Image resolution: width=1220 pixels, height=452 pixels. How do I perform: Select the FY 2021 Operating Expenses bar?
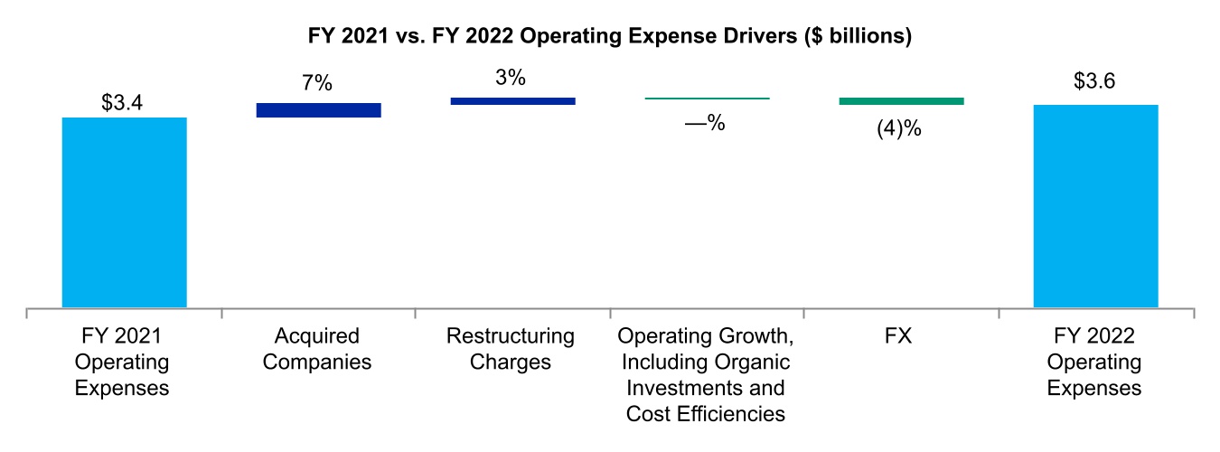[x=124, y=212]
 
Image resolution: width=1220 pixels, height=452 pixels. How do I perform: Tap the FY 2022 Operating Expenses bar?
[x=1096, y=206]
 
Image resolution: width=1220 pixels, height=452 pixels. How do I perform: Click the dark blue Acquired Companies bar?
[x=318, y=109]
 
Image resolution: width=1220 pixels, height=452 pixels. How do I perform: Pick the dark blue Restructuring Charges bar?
[x=512, y=101]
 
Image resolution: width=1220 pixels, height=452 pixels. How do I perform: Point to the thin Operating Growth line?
[x=707, y=98]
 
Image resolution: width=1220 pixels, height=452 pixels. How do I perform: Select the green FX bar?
[x=901, y=101]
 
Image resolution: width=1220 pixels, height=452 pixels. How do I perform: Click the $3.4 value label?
[x=124, y=102]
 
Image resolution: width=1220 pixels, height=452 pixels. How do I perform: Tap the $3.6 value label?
[x=1095, y=81]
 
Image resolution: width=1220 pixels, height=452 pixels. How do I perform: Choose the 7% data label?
[x=317, y=84]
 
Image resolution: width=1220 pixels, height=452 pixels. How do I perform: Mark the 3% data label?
[x=511, y=78]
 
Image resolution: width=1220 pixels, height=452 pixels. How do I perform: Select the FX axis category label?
[x=900, y=337]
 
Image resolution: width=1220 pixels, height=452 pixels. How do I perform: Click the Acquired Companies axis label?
[x=317, y=350]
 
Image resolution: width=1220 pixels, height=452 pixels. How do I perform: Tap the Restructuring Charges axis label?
[x=511, y=350]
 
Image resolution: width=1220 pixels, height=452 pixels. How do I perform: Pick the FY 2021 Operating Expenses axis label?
[x=124, y=363]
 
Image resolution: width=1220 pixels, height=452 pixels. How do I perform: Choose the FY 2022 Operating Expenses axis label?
[x=1095, y=363]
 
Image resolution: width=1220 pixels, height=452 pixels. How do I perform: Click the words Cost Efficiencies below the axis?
[x=705, y=415]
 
